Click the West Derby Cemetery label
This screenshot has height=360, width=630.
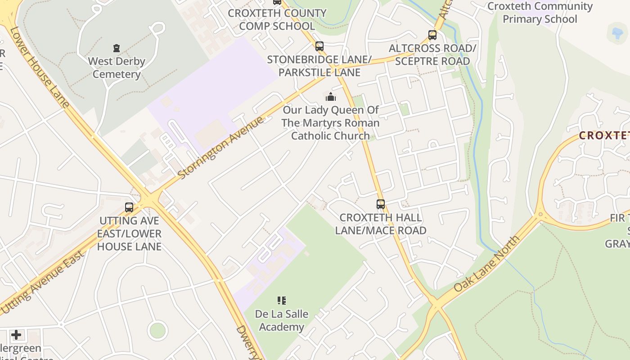pos(117,67)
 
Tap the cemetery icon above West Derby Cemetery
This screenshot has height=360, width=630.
pos(117,48)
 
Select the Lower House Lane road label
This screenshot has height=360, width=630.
pos(40,67)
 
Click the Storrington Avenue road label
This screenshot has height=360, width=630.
pos(220,148)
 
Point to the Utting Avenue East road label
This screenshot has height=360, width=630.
pos(43,282)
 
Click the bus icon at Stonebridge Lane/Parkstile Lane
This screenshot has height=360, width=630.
pos(319,46)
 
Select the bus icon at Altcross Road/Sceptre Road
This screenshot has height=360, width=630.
pos(432,35)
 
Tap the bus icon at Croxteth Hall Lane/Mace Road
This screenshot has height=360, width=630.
pos(381,204)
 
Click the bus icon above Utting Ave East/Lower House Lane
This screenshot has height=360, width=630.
pos(129,207)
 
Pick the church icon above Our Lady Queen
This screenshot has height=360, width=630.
pos(331,97)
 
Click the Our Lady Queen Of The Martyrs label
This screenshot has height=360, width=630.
pos(331,122)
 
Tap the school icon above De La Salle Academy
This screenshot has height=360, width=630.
pos(282,300)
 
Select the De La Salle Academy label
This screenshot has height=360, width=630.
pos(282,320)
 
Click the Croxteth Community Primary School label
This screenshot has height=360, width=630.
pos(540,13)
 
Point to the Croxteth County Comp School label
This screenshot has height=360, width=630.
pos(277,19)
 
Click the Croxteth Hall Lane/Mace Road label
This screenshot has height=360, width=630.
pos(381,224)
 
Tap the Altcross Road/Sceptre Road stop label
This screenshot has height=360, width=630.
pos(432,54)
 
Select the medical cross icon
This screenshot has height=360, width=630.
pos(16,335)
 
